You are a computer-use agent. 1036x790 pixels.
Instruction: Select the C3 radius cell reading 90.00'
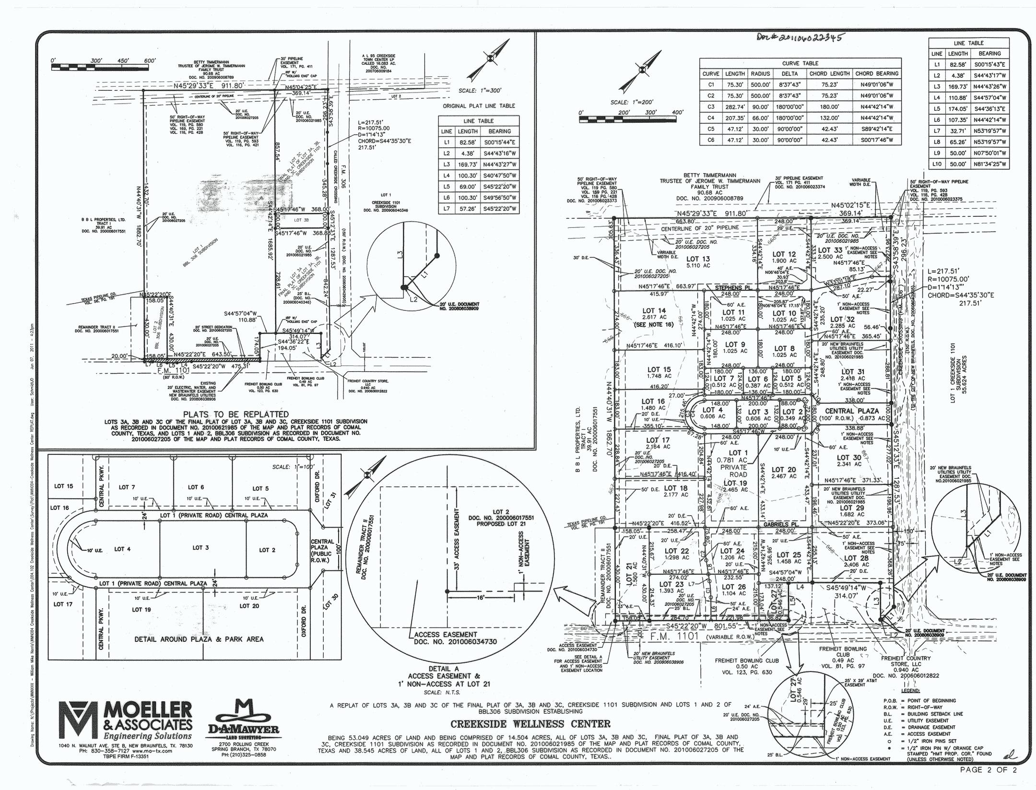pyautogui.click(x=760, y=107)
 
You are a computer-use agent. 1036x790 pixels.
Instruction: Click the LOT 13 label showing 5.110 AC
pyautogui.click(x=698, y=262)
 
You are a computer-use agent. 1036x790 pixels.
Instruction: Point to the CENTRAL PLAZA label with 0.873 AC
pyautogui.click(x=852, y=414)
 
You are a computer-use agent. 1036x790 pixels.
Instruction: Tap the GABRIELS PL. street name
pyautogui.click(x=780, y=525)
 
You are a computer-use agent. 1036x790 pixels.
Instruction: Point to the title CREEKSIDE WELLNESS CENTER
pyautogui.click(x=530, y=724)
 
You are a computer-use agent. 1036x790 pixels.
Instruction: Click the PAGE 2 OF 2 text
pyautogui.click(x=988, y=770)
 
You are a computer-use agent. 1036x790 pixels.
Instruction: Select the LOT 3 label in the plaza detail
pyautogui.click(x=200, y=547)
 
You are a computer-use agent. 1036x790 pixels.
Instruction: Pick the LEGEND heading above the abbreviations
pyautogui.click(x=910, y=691)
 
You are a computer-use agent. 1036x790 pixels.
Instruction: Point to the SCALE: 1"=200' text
pyautogui.click(x=628, y=102)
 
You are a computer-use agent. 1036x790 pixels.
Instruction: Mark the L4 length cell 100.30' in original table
pyautogui.click(x=467, y=176)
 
